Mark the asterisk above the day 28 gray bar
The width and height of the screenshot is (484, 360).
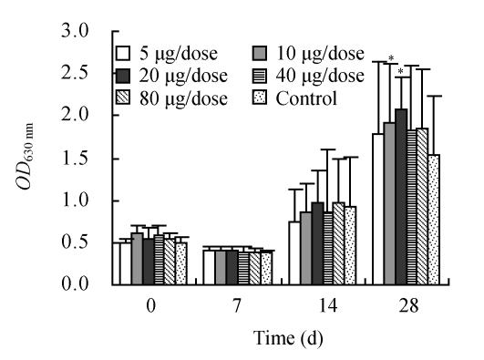(390, 60)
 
